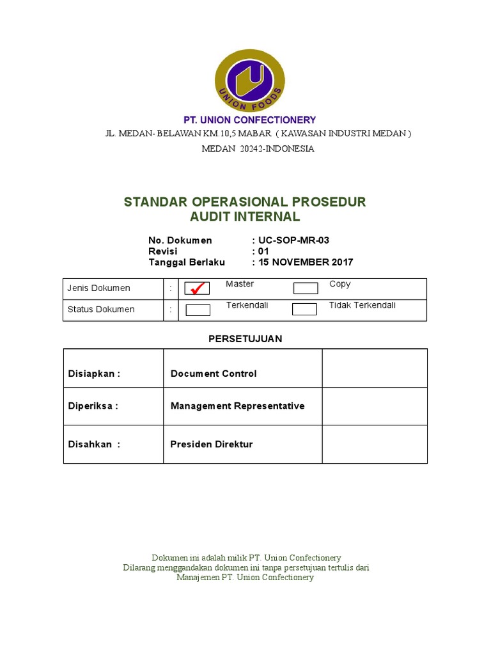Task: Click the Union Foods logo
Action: click(x=249, y=80)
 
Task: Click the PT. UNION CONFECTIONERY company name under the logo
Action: click(x=249, y=120)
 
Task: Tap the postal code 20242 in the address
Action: click(x=242, y=148)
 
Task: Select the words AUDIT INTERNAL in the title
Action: click(x=245, y=217)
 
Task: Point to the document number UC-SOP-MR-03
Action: click(x=294, y=241)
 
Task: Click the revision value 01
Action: click(x=264, y=251)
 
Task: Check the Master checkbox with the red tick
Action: click(x=198, y=288)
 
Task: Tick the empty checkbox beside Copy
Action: click(x=305, y=288)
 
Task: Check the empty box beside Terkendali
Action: click(x=198, y=310)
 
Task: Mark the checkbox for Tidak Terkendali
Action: click(x=304, y=310)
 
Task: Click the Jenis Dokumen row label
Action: click(x=99, y=288)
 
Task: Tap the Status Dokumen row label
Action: click(x=101, y=310)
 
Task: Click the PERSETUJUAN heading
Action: click(x=245, y=339)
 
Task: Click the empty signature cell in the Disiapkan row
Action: click(x=375, y=368)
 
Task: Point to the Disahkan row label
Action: click(x=94, y=445)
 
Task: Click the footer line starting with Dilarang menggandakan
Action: click(x=245, y=567)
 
